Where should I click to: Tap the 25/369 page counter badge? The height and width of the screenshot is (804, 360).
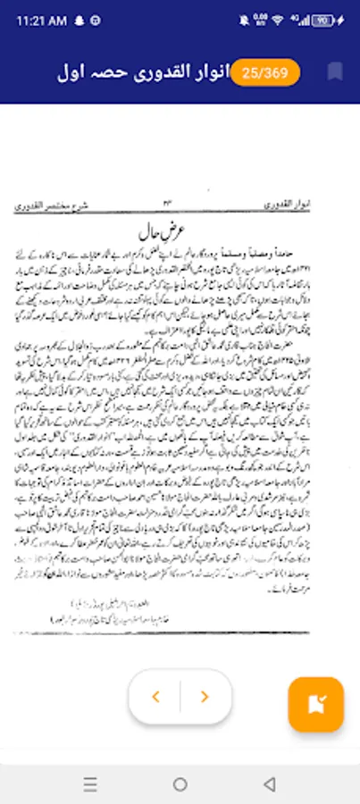[x=265, y=73]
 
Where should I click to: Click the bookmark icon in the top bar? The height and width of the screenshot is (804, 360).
[x=335, y=72]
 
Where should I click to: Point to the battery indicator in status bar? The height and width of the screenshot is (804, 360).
[x=324, y=20]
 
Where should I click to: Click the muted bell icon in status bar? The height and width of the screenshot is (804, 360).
[x=245, y=20]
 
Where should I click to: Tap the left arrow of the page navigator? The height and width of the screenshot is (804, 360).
[x=155, y=697]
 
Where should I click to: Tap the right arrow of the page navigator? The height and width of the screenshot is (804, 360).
[x=205, y=697]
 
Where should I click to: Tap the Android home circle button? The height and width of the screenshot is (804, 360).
[x=180, y=784]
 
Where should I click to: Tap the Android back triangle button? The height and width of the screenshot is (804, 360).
[x=269, y=784]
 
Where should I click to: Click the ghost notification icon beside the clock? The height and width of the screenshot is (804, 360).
[x=78, y=20]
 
